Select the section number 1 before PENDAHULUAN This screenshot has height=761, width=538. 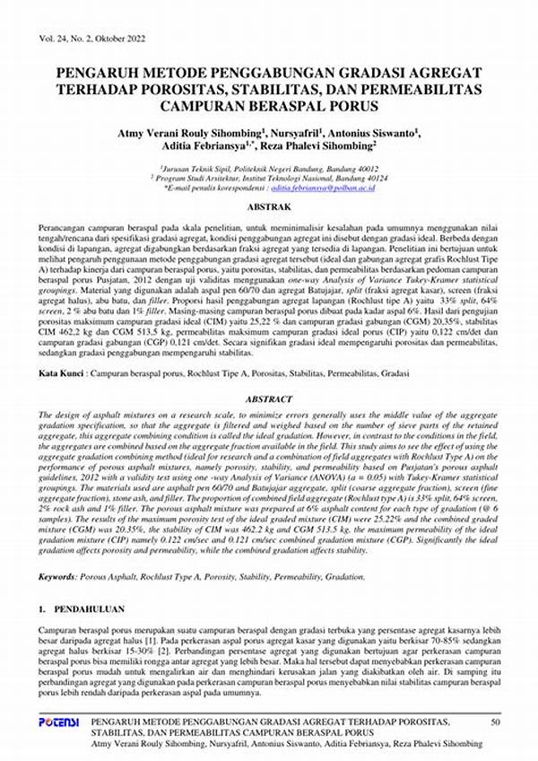(42, 609)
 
